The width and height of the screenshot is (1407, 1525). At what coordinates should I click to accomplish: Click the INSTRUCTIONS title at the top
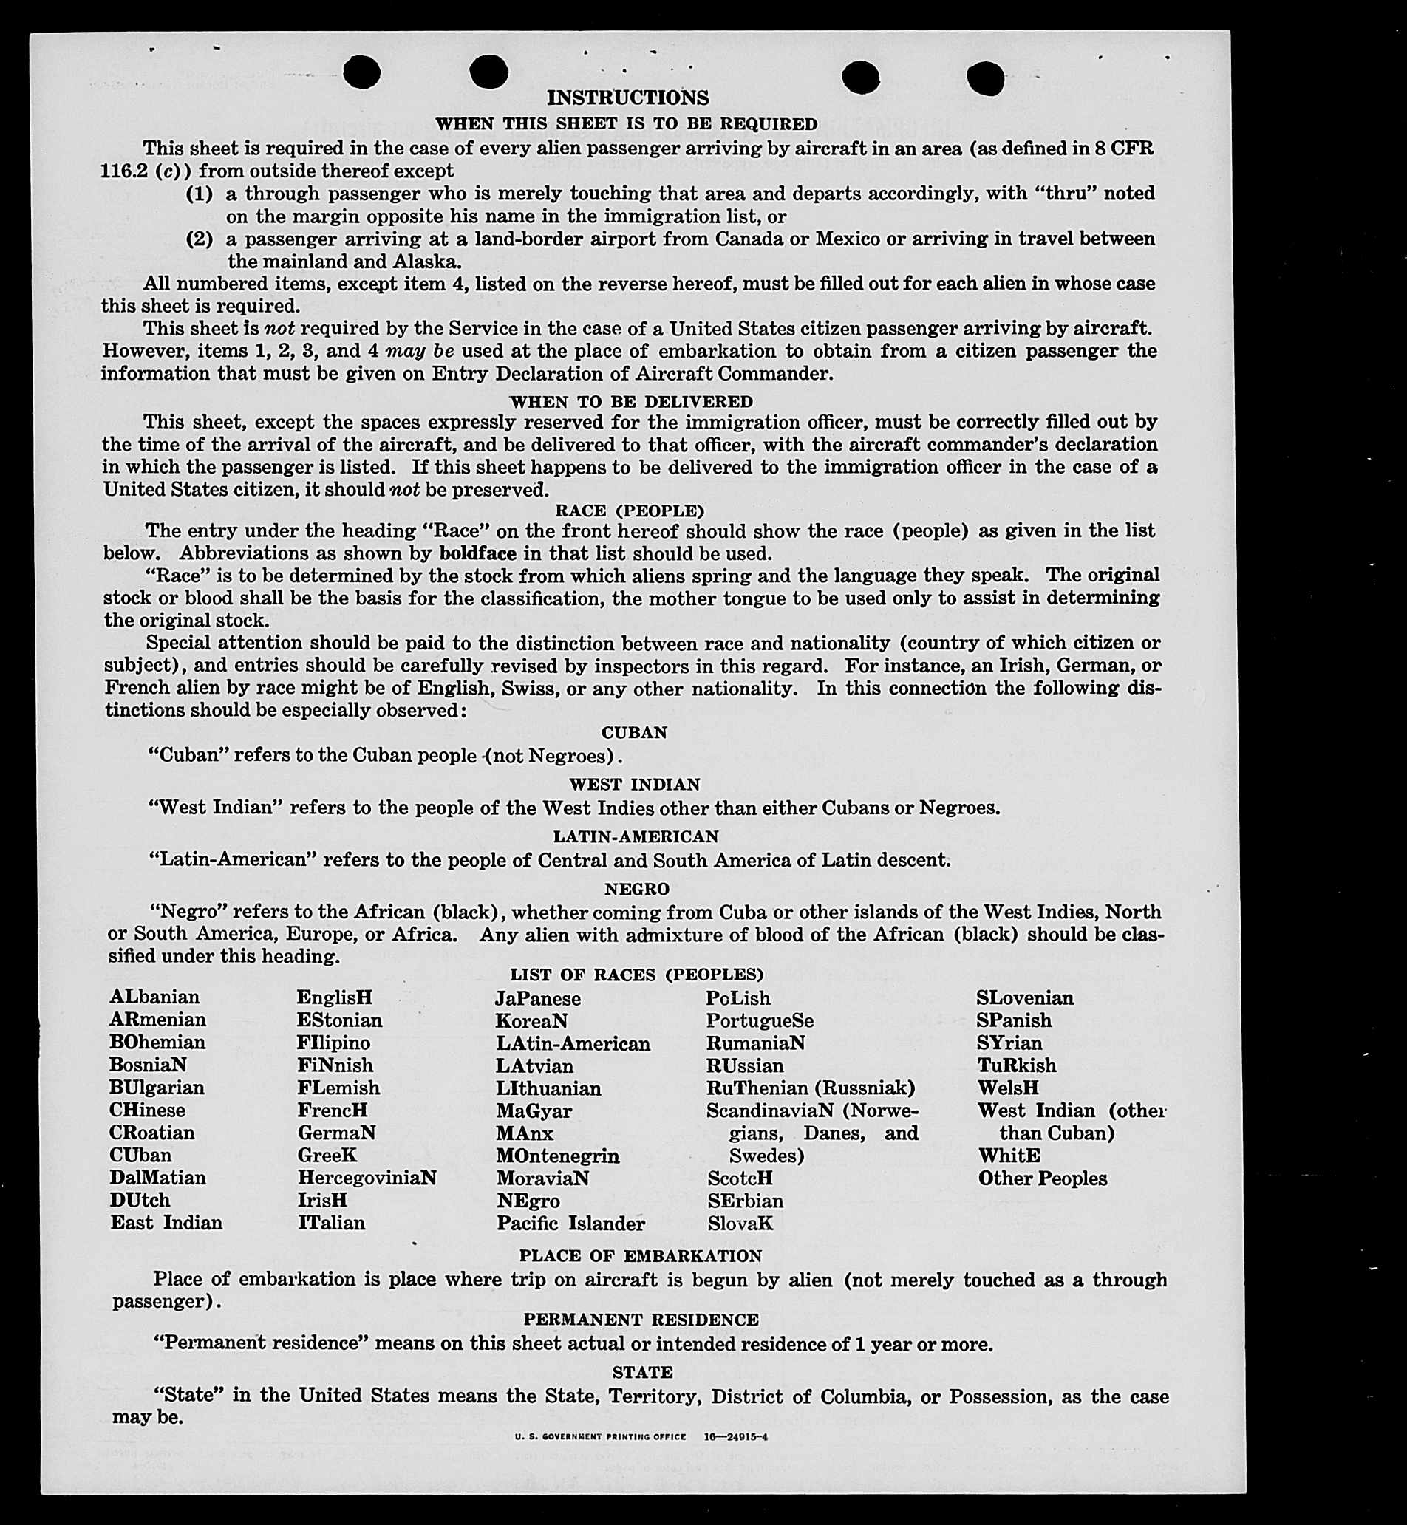click(x=627, y=98)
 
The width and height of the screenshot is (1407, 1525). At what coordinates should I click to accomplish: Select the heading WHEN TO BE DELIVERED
click(x=631, y=401)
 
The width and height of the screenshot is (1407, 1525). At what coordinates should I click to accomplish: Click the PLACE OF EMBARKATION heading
click(x=640, y=1255)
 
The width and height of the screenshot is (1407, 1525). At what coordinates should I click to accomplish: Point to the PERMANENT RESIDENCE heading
click(x=640, y=1320)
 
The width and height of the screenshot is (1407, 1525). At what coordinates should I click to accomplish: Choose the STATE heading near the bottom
click(x=642, y=1372)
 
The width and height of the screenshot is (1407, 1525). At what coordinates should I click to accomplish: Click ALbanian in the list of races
click(x=154, y=997)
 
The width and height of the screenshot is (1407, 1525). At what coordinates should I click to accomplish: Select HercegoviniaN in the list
click(x=367, y=1177)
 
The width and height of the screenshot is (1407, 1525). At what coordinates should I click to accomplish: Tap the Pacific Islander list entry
click(x=570, y=1223)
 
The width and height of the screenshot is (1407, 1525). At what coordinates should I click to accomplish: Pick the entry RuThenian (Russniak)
click(x=810, y=1087)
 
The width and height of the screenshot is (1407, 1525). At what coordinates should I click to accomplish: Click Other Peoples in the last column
click(x=1041, y=1178)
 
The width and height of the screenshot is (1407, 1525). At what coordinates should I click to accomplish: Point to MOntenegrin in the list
click(x=557, y=1155)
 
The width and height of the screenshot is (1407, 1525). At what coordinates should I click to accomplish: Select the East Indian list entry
click(x=166, y=1222)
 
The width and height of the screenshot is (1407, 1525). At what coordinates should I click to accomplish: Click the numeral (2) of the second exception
click(x=200, y=239)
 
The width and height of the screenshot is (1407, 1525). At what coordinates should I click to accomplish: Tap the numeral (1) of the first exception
click(x=200, y=194)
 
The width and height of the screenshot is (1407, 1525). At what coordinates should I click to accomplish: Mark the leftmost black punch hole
click(x=361, y=73)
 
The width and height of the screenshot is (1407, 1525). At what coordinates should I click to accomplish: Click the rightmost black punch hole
click(x=985, y=78)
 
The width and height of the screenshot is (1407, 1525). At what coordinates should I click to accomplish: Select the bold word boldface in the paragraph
click(x=477, y=553)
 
